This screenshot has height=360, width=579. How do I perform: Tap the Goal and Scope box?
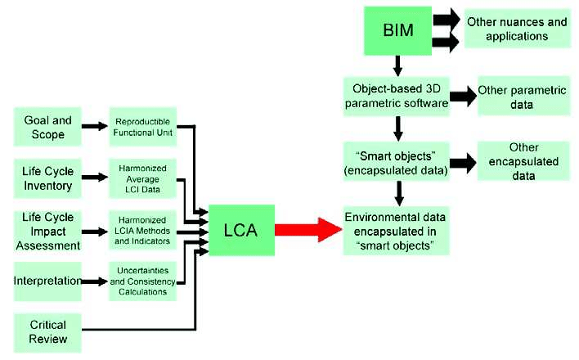pyautogui.click(x=47, y=127)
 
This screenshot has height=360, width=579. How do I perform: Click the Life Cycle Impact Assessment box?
pyautogui.click(x=47, y=231)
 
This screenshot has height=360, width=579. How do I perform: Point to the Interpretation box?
pyautogui.click(x=47, y=281)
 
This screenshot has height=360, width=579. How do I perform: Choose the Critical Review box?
pyautogui.click(x=47, y=331)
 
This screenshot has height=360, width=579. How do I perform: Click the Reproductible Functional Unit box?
pyautogui.click(x=146, y=127)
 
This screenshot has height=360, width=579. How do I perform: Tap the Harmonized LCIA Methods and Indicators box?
pyautogui.click(x=146, y=231)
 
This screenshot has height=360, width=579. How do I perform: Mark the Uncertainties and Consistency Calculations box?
pyautogui.click(x=146, y=281)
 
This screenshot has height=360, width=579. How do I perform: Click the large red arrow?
pyautogui.click(x=307, y=230)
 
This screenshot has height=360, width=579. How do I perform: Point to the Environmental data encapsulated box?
pyautogui.click(x=396, y=230)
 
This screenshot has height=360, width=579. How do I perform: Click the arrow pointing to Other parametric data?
pyautogui.click(x=462, y=97)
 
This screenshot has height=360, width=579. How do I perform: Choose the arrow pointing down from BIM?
pyautogui.click(x=397, y=65)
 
